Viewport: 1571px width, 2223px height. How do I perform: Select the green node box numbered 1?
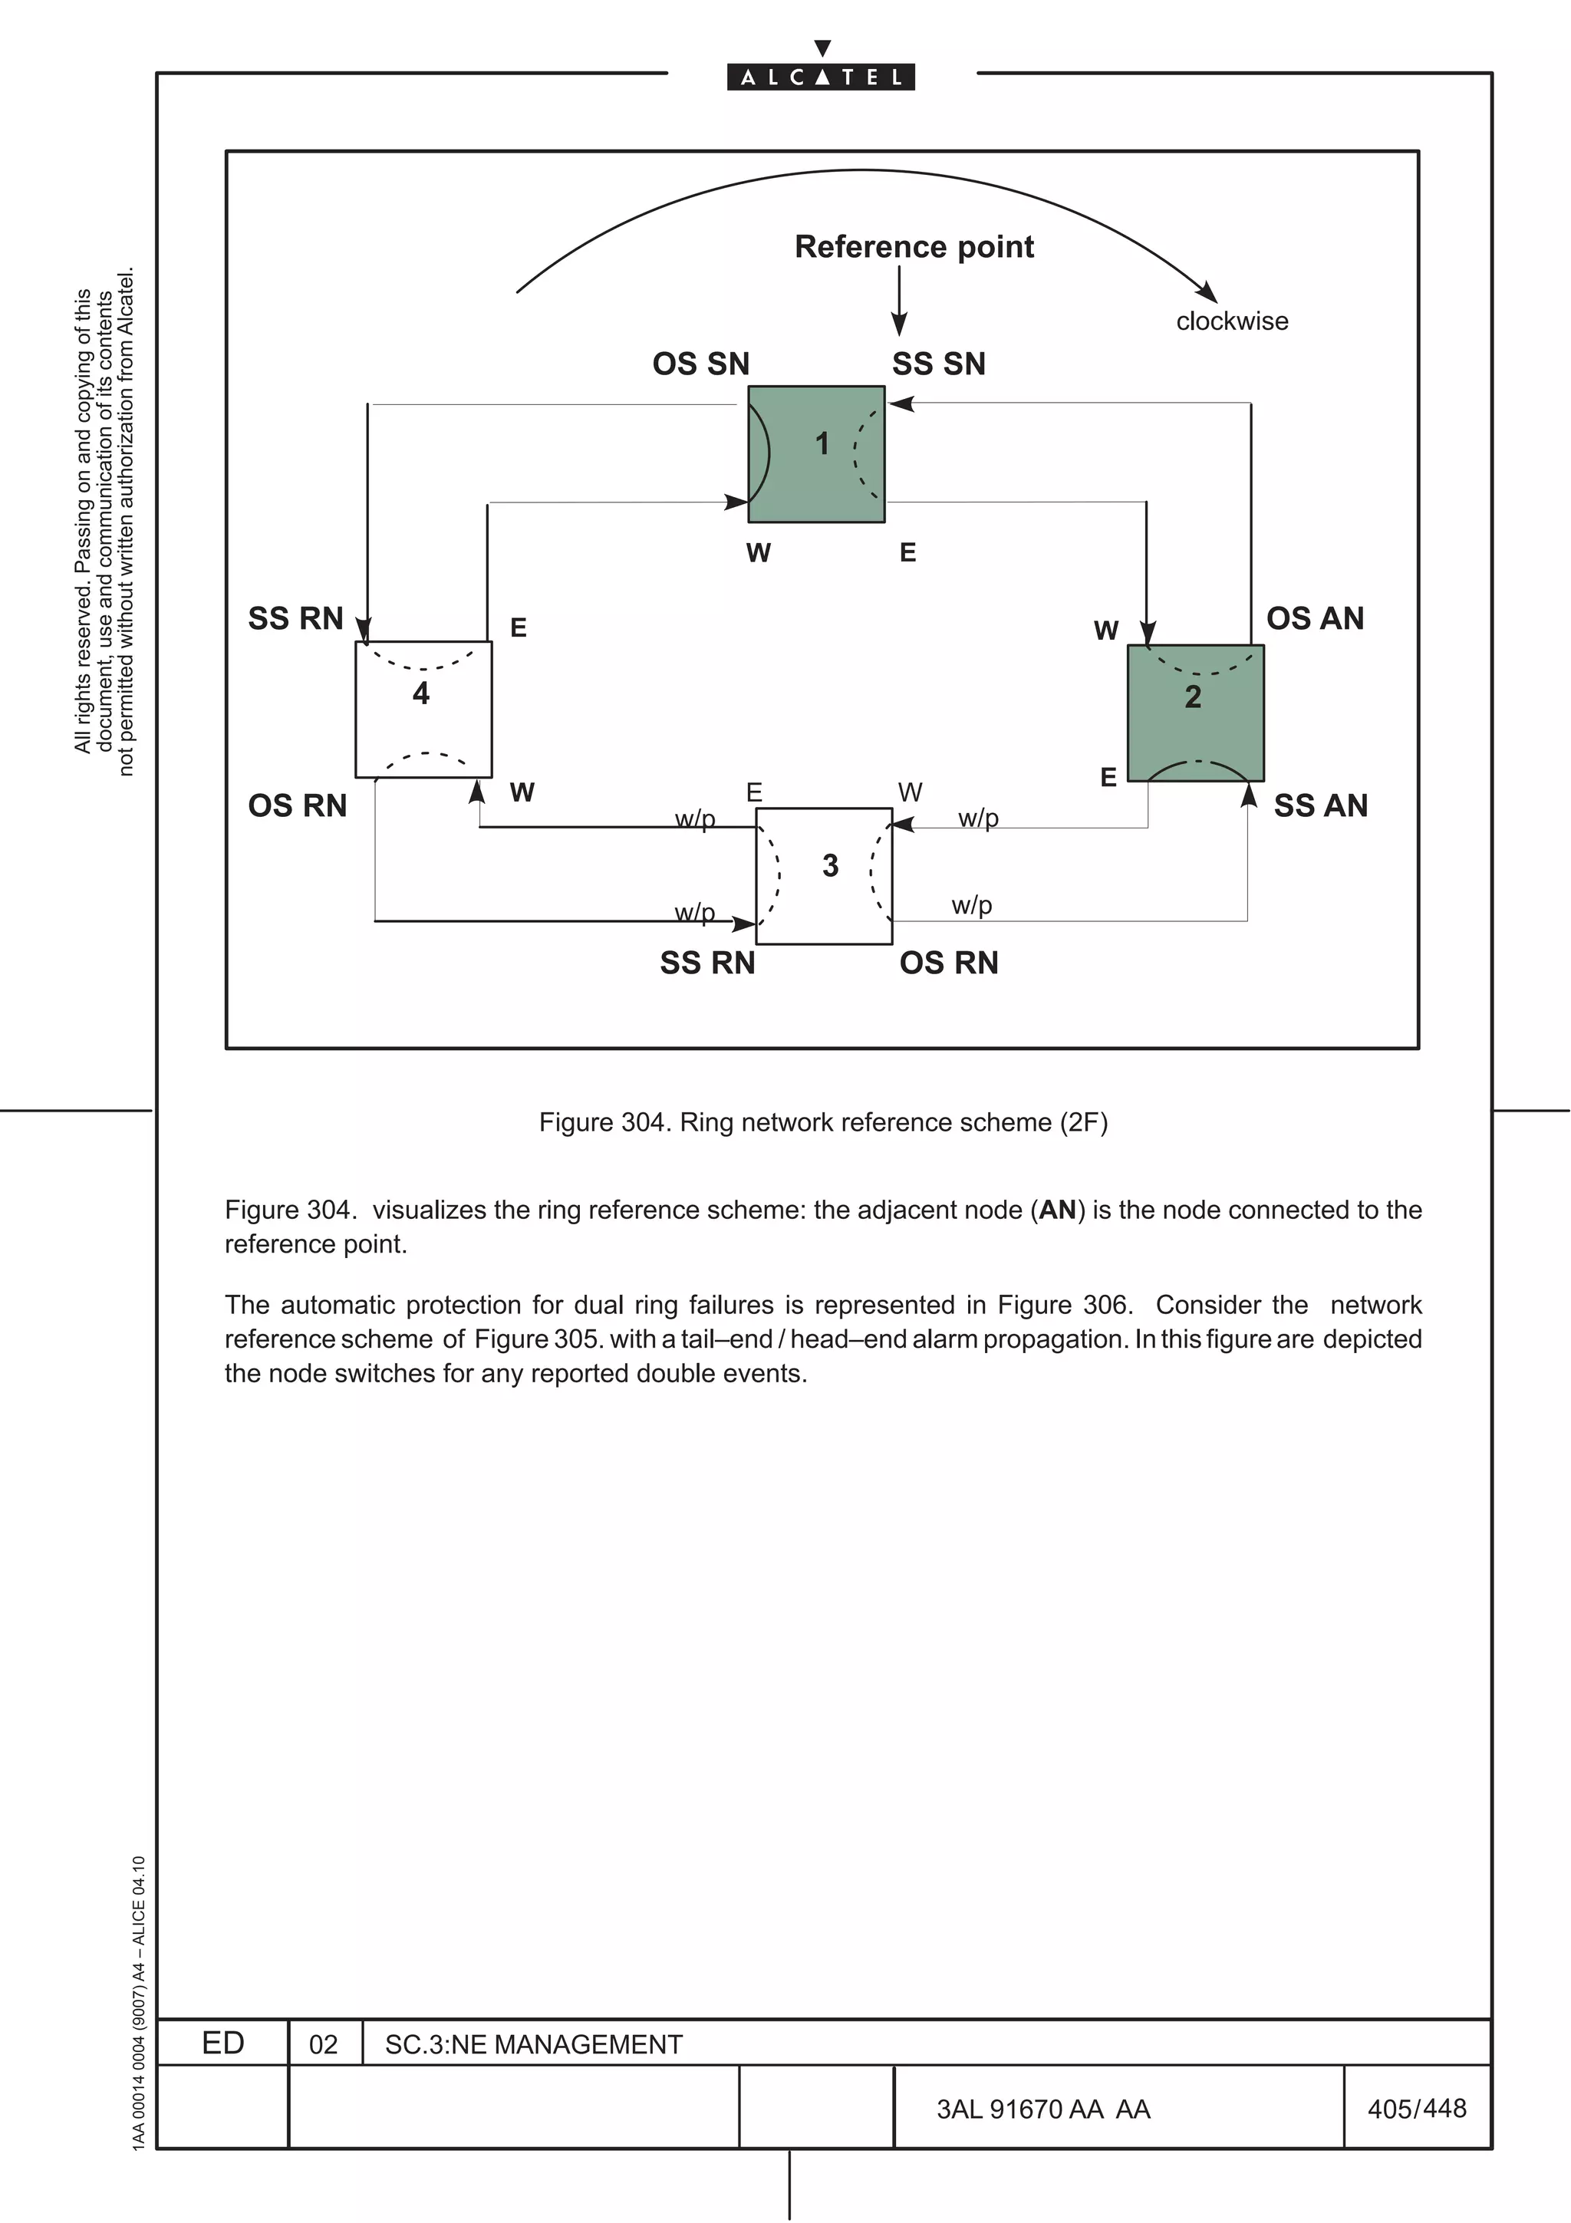(816, 454)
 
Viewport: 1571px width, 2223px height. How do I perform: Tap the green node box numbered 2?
(1195, 713)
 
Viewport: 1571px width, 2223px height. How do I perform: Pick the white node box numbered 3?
(824, 875)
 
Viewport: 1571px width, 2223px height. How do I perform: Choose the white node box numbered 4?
(423, 709)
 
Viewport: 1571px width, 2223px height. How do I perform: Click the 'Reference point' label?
(914, 247)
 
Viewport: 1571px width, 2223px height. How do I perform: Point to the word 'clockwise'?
(1232, 321)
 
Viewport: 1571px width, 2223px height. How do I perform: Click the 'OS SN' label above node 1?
(701, 364)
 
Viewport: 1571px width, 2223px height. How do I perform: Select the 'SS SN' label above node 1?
(939, 364)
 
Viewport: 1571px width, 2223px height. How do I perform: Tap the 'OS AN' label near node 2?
(1315, 619)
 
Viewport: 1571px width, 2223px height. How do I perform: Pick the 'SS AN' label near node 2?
(1320, 805)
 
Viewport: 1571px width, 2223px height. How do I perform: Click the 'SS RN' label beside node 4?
(295, 619)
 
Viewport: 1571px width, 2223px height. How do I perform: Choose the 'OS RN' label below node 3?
(949, 963)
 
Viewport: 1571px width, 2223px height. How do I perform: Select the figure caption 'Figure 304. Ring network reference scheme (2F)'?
(823, 1122)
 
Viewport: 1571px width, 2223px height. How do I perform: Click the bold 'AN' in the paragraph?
(1057, 1210)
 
